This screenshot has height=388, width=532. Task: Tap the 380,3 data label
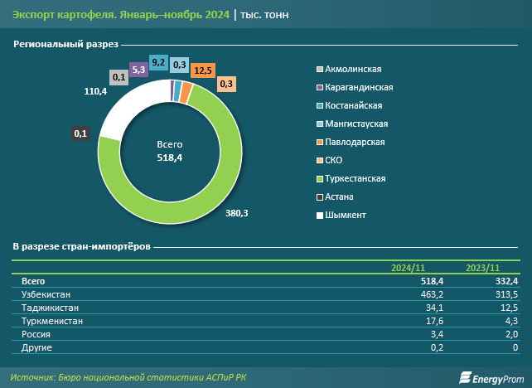coord(236,213)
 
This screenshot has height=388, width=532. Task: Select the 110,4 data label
coord(96,90)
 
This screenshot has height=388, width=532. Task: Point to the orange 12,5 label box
coord(201,71)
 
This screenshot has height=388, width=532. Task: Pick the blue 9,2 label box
coord(158,62)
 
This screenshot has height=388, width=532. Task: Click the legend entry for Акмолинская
coord(351,70)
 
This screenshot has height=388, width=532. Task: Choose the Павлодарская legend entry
coord(354,142)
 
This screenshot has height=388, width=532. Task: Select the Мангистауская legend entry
coord(355,124)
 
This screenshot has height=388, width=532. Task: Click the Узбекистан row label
coord(46,294)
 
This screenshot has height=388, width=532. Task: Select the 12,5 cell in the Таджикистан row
coord(505,308)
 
